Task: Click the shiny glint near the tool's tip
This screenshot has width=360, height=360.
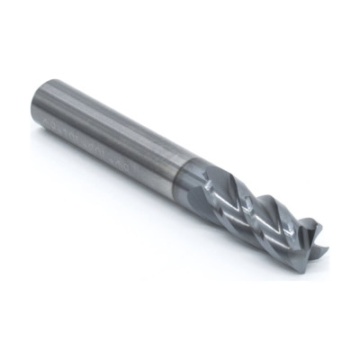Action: pos(292,225)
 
